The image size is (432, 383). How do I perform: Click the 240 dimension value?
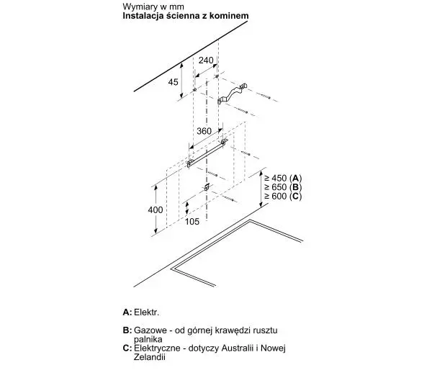(x=206, y=60)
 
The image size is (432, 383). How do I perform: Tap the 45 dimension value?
(x=174, y=82)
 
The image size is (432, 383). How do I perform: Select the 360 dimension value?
(x=204, y=131)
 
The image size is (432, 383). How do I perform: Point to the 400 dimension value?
(x=156, y=210)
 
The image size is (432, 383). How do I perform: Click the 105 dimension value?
(x=192, y=222)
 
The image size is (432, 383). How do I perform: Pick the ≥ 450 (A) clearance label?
(x=283, y=178)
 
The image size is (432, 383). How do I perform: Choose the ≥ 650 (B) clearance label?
(x=283, y=187)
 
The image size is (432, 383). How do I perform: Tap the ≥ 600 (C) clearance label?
(x=283, y=197)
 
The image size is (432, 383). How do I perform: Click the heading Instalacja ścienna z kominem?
(x=186, y=16)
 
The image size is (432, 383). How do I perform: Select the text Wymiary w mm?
(x=153, y=6)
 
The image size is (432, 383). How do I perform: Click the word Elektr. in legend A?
(x=147, y=312)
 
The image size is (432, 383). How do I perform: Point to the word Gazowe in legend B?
(x=150, y=330)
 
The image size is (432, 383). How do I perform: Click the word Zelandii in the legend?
(x=150, y=357)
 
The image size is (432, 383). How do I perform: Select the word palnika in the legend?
(x=148, y=339)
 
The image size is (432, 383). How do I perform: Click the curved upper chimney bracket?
(x=232, y=94)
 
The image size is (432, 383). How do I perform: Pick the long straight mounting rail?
(x=207, y=153)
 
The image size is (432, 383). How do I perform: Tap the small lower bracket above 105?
(x=207, y=187)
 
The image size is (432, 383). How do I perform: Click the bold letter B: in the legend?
(x=127, y=330)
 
